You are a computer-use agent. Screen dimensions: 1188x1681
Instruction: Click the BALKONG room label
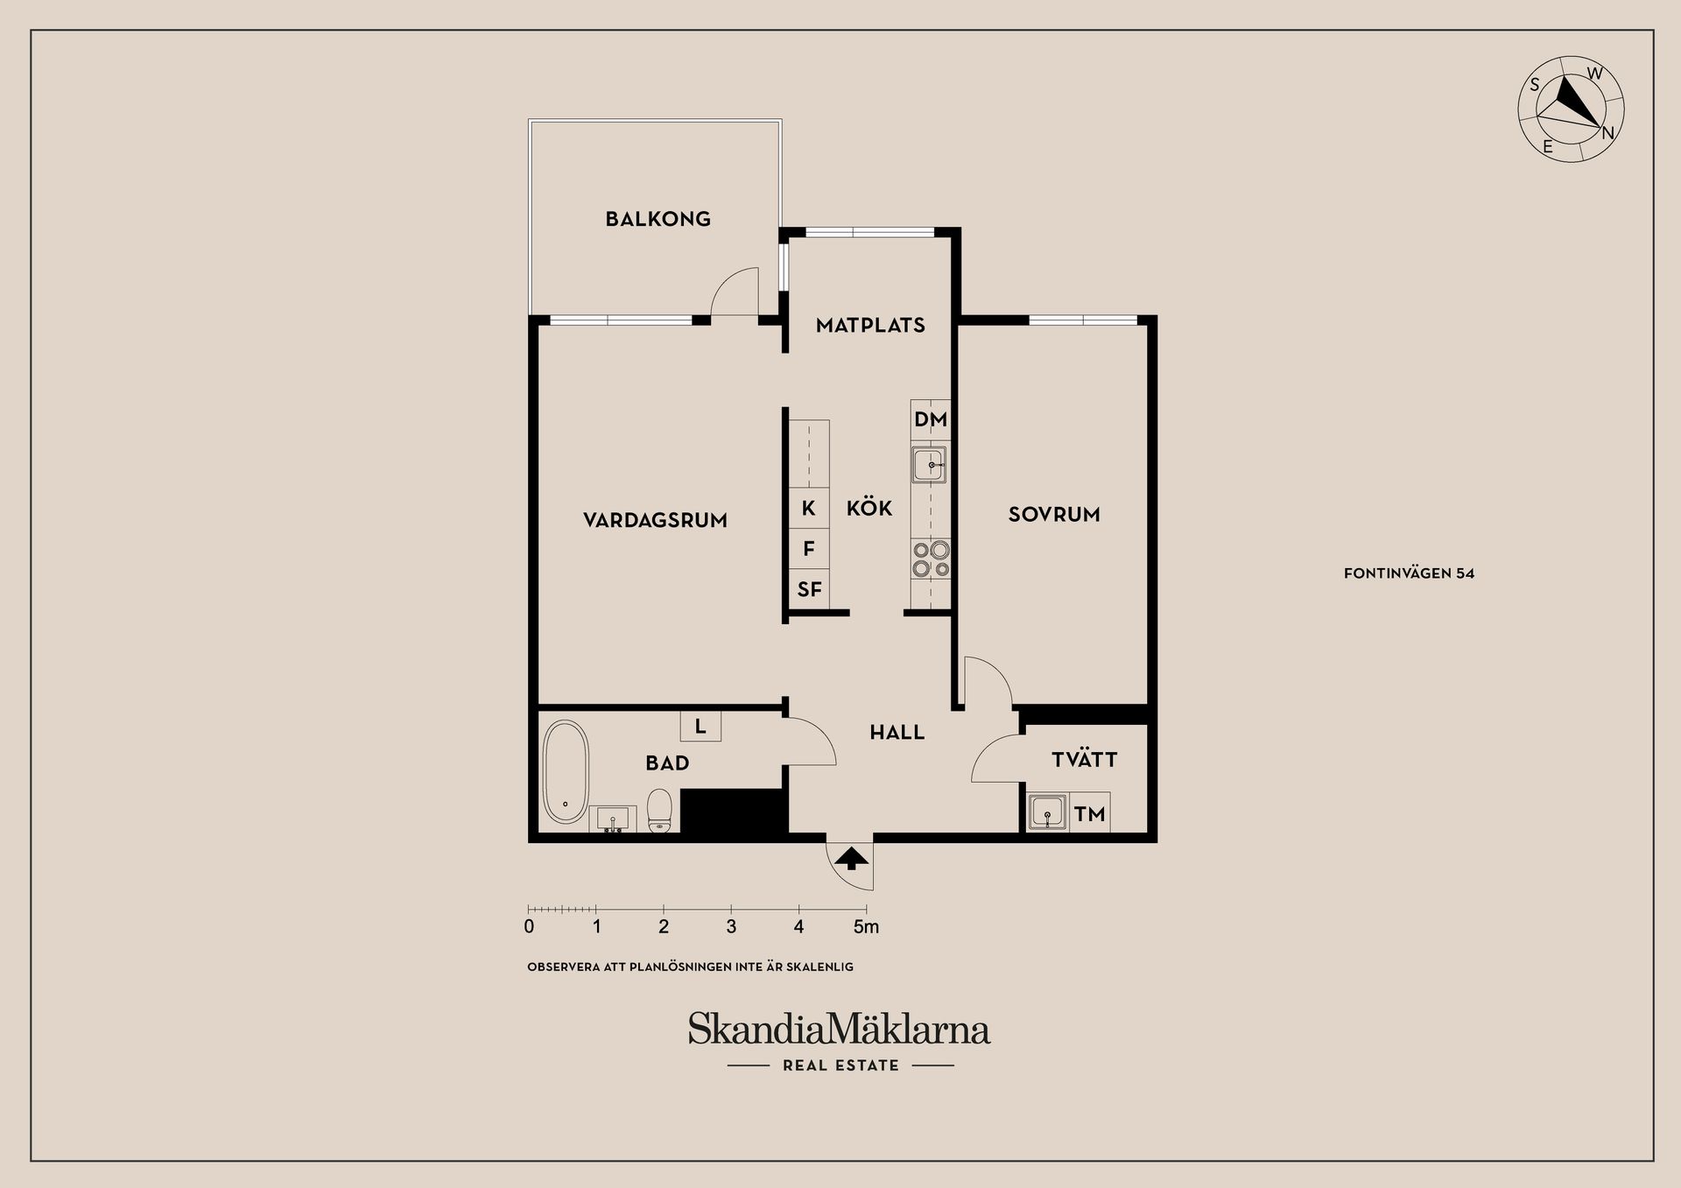(658, 219)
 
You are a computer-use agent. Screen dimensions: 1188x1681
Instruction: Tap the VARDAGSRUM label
(655, 520)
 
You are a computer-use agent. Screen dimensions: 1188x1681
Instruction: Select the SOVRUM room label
(1053, 515)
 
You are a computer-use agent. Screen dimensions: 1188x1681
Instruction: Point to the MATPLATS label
(870, 326)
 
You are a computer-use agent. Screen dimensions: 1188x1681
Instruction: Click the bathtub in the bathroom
(566, 772)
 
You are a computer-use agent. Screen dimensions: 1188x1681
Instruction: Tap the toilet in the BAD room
(658, 812)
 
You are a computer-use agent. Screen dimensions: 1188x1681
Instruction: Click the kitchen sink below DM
(929, 465)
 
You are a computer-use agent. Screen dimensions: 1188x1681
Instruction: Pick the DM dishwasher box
(930, 419)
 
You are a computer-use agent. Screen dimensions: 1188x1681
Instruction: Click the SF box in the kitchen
(809, 590)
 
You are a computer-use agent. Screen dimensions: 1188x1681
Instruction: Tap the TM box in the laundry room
(1089, 814)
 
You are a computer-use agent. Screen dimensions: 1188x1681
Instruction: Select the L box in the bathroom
(700, 727)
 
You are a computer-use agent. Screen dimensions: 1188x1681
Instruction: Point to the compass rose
(1571, 109)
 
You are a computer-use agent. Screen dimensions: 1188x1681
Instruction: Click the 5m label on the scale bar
(866, 926)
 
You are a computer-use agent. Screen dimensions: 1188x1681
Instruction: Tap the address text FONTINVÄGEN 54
(1409, 573)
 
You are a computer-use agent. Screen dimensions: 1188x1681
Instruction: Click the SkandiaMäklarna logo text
(839, 1030)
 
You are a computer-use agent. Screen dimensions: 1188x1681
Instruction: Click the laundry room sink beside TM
(1047, 812)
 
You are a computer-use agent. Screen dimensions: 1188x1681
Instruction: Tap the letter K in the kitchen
(808, 509)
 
